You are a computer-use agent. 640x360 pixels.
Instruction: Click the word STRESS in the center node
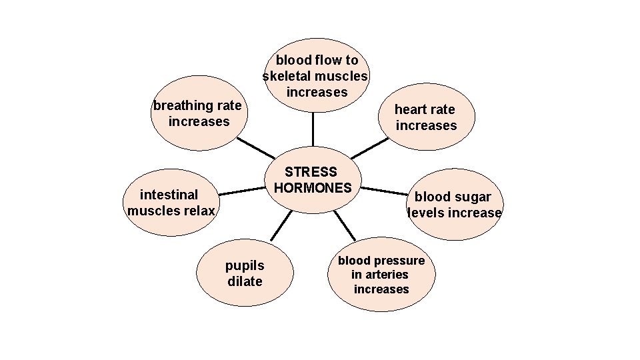point(311,172)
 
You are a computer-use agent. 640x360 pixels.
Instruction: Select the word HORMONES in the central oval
point(312,188)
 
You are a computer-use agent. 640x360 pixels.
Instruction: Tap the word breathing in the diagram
point(179,105)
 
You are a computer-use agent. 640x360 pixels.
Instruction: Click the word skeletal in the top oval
point(287,76)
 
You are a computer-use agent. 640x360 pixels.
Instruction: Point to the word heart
point(409,109)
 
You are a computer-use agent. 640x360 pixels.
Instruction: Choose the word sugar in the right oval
point(474,197)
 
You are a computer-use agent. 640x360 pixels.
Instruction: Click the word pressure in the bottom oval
point(399,260)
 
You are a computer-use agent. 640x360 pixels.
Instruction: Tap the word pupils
point(245,266)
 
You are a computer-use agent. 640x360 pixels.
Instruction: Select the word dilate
point(245,281)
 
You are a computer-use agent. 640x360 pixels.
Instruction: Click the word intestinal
point(169,195)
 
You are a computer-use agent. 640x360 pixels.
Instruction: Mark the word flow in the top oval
point(325,60)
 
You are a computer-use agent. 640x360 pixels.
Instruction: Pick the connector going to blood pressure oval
point(345,225)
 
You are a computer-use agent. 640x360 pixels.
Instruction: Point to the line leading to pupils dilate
point(281,225)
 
